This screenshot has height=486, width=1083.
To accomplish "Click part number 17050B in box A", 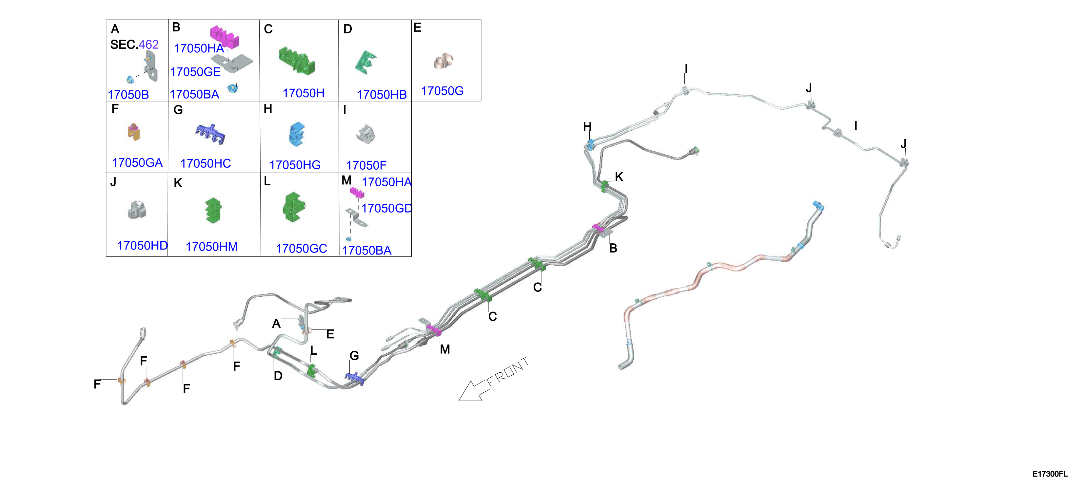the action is click(128, 95).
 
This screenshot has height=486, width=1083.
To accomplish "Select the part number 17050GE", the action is click(195, 72).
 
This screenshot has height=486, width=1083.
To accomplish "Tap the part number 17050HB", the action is click(382, 95).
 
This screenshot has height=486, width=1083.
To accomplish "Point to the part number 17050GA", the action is click(137, 162).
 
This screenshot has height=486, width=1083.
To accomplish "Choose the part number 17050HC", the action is click(206, 163).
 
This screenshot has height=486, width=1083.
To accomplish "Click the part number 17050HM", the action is click(211, 247).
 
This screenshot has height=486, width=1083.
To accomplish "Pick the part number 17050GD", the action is click(387, 208).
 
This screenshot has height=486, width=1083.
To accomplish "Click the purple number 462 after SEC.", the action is click(149, 45).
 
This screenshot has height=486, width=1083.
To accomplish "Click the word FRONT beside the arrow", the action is click(508, 372).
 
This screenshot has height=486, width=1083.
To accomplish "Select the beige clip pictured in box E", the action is click(444, 61).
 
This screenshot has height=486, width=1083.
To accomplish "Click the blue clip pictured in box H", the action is click(297, 134).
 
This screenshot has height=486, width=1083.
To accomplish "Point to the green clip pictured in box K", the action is click(214, 210).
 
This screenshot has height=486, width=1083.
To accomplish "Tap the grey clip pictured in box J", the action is click(137, 210).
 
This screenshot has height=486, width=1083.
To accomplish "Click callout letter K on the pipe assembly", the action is click(619, 177).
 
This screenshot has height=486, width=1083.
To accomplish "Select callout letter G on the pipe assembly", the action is click(354, 356).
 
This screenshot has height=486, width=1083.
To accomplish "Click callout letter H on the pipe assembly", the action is click(587, 126).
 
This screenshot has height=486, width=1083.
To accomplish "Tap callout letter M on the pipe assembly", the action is click(445, 349).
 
